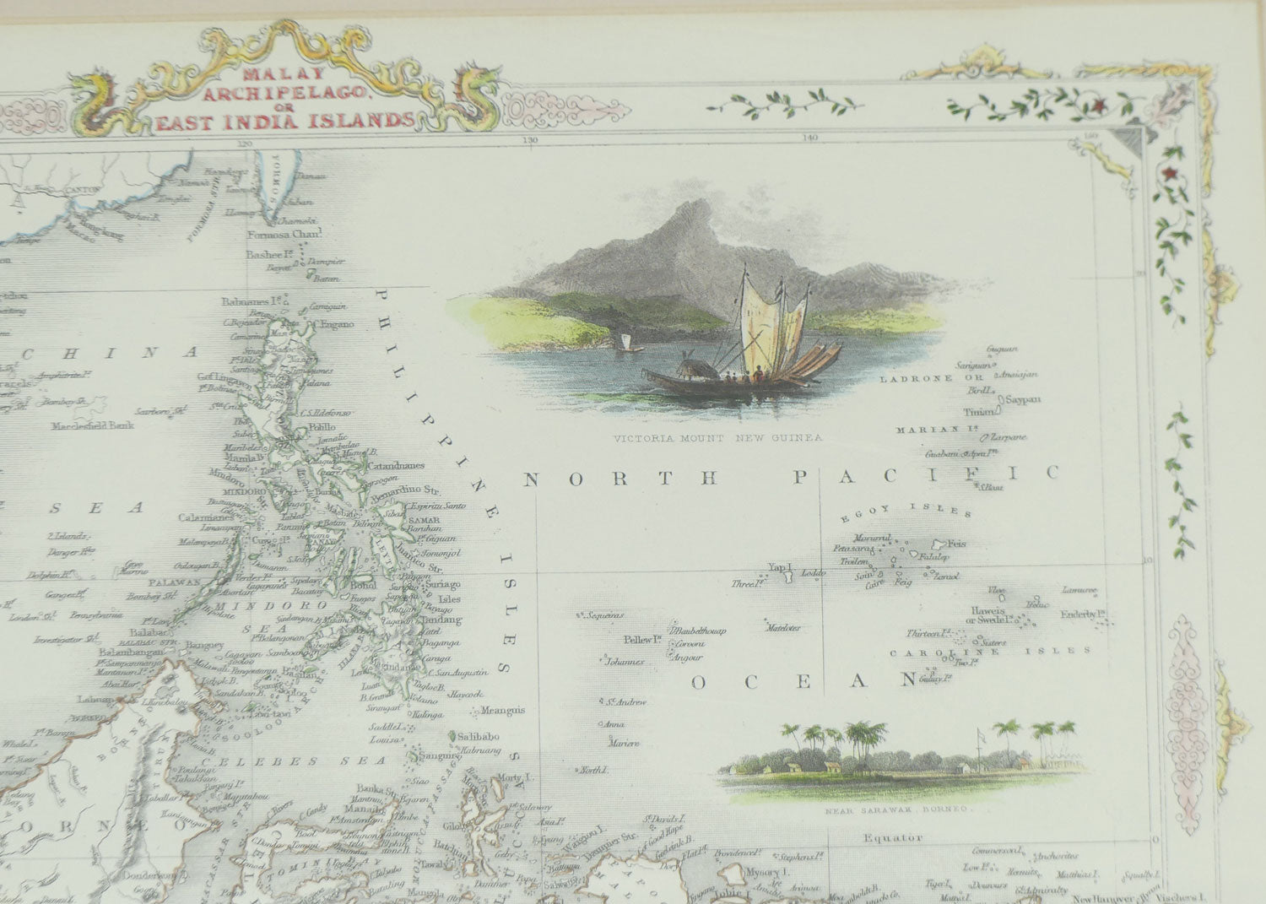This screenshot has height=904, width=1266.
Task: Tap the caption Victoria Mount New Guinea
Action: (x=717, y=438)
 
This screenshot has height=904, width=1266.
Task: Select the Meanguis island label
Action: (x=504, y=710)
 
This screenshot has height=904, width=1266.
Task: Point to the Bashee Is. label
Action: (x=268, y=254)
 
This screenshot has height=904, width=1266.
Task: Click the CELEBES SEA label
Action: (x=268, y=761)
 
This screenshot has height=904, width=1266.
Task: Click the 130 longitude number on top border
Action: (x=530, y=140)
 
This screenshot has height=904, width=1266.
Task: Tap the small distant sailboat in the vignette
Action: (x=626, y=342)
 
